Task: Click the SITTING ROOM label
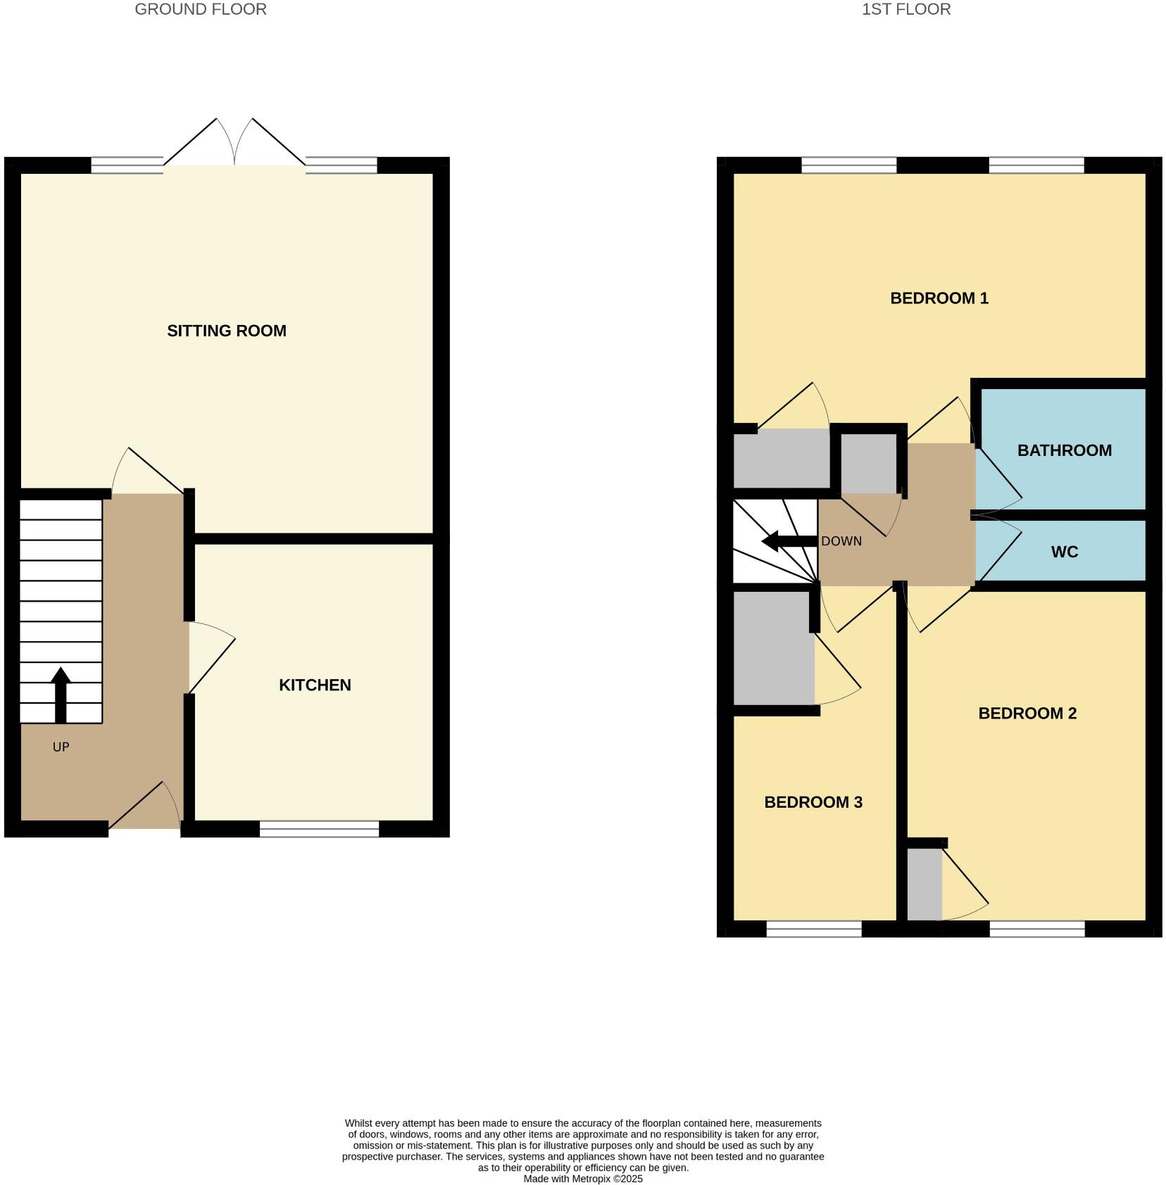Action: [226, 331]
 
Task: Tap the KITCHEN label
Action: [315, 685]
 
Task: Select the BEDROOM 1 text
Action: [939, 298]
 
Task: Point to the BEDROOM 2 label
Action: [1027, 714]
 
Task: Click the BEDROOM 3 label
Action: [813, 802]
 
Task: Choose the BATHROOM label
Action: [1064, 450]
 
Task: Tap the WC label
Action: [1064, 552]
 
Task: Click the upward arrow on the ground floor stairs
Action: [61, 694]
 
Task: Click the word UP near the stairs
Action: [61, 747]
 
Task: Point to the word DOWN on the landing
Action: [841, 542]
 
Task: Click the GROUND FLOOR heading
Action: [200, 9]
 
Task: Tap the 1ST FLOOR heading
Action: [906, 9]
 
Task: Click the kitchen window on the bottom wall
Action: [319, 829]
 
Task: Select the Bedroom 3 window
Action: [813, 929]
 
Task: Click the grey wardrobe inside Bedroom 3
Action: [773, 647]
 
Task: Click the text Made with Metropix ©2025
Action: [582, 1179]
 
